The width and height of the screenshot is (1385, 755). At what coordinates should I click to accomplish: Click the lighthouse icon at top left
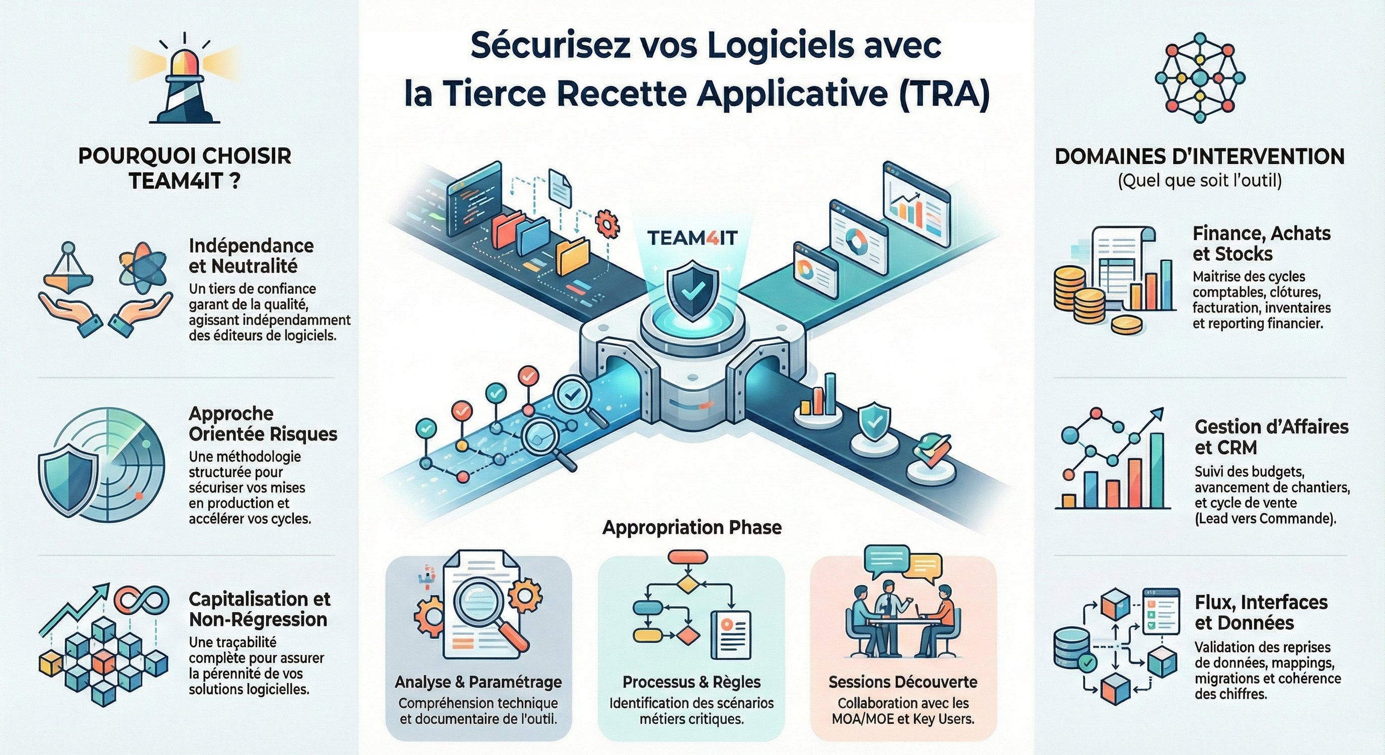tap(184, 80)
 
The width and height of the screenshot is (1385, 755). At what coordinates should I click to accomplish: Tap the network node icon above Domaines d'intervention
tap(1199, 78)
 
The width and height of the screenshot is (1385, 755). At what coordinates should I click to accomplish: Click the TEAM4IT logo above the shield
tap(692, 237)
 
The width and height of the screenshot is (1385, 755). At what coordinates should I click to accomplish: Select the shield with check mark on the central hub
tap(692, 291)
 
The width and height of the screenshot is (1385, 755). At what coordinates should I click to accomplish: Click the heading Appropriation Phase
tap(692, 527)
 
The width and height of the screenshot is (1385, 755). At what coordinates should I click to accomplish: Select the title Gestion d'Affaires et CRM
tap(1271, 436)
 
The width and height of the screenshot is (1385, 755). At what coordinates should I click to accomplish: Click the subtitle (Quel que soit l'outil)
tap(1199, 181)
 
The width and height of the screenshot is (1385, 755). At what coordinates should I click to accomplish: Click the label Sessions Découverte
tap(903, 682)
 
